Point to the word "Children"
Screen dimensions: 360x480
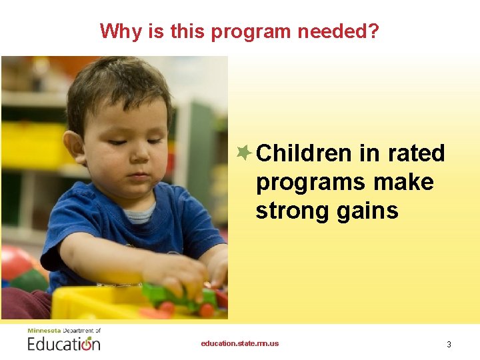303,153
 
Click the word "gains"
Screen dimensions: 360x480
368,211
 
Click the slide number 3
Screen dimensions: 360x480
449,344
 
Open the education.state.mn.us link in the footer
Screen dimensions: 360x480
240,343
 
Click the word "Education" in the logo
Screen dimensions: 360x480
63,344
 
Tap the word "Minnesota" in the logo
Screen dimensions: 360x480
43,331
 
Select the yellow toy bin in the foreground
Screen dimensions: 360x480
100,305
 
